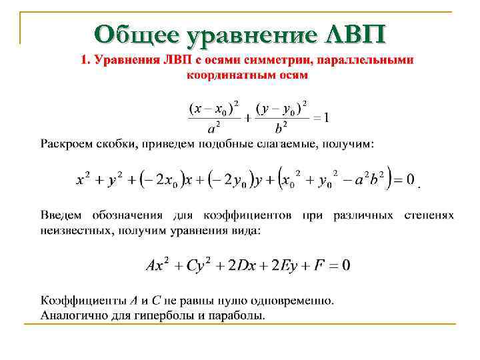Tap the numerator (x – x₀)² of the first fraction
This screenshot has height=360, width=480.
point(215,107)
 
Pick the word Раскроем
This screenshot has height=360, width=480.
point(69,144)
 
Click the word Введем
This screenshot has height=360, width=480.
point(61,216)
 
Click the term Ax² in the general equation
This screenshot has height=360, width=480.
point(157,265)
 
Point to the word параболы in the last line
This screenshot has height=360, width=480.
point(234,315)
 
